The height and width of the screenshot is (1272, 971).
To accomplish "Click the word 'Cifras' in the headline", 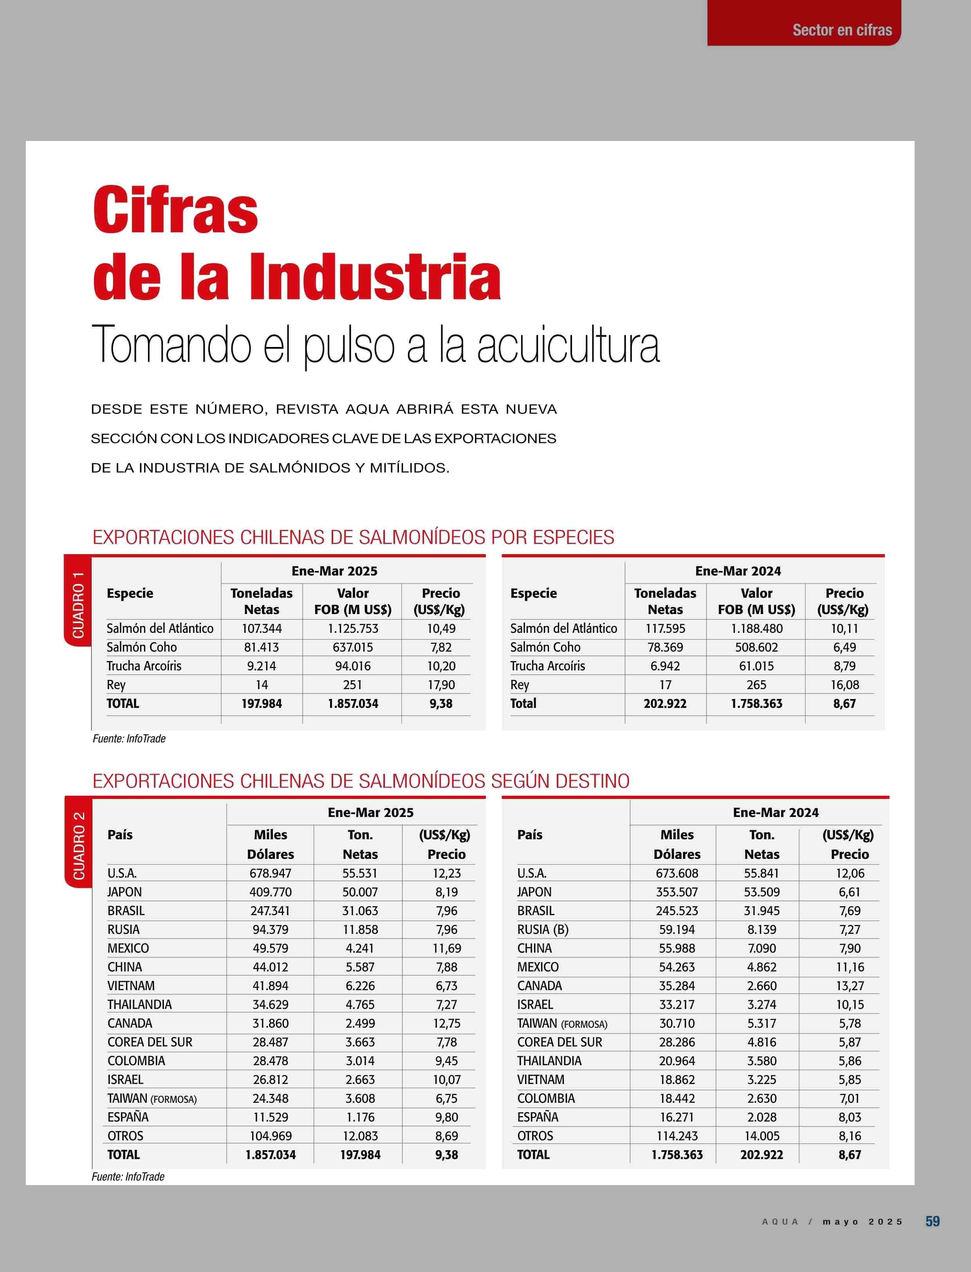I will pos(175,211).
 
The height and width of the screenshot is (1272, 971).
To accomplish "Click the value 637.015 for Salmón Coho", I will pos(352,647).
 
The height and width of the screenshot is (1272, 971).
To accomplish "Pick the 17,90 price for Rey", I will pos(441,685).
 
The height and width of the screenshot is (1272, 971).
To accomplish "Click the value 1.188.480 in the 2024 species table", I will pos(756,629).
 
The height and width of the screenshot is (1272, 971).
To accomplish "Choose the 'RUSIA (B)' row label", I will pos(543,930).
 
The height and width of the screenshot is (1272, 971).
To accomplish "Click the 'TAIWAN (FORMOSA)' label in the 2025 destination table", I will pos(152,1099).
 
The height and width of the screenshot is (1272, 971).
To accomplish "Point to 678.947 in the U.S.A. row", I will pos(271,873).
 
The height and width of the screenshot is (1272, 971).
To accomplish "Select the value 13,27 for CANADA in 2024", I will pos(850,986).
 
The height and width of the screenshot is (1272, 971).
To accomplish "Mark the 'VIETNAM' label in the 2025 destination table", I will pos(131,986).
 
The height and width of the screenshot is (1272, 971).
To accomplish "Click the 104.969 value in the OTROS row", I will pos(271,1136).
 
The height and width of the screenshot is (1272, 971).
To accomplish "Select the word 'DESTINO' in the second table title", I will pos(592,781).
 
